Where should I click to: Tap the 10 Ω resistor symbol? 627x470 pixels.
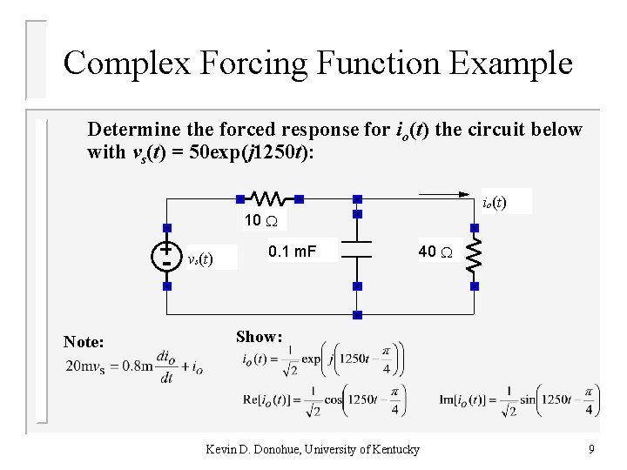pos(265,198)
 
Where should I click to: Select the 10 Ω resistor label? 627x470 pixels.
pos(259,220)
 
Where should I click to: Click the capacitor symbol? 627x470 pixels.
pos(357,250)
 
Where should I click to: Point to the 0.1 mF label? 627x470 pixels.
pos(292,252)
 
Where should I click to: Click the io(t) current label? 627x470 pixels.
pos(495,203)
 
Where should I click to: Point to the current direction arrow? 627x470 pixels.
pos(449,194)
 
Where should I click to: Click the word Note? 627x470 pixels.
pos(84,343)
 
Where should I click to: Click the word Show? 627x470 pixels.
pos(260,337)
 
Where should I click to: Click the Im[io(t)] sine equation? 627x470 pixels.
pos(521,399)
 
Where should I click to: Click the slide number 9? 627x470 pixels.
pos(591,449)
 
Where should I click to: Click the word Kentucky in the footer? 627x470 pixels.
pos(394,449)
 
